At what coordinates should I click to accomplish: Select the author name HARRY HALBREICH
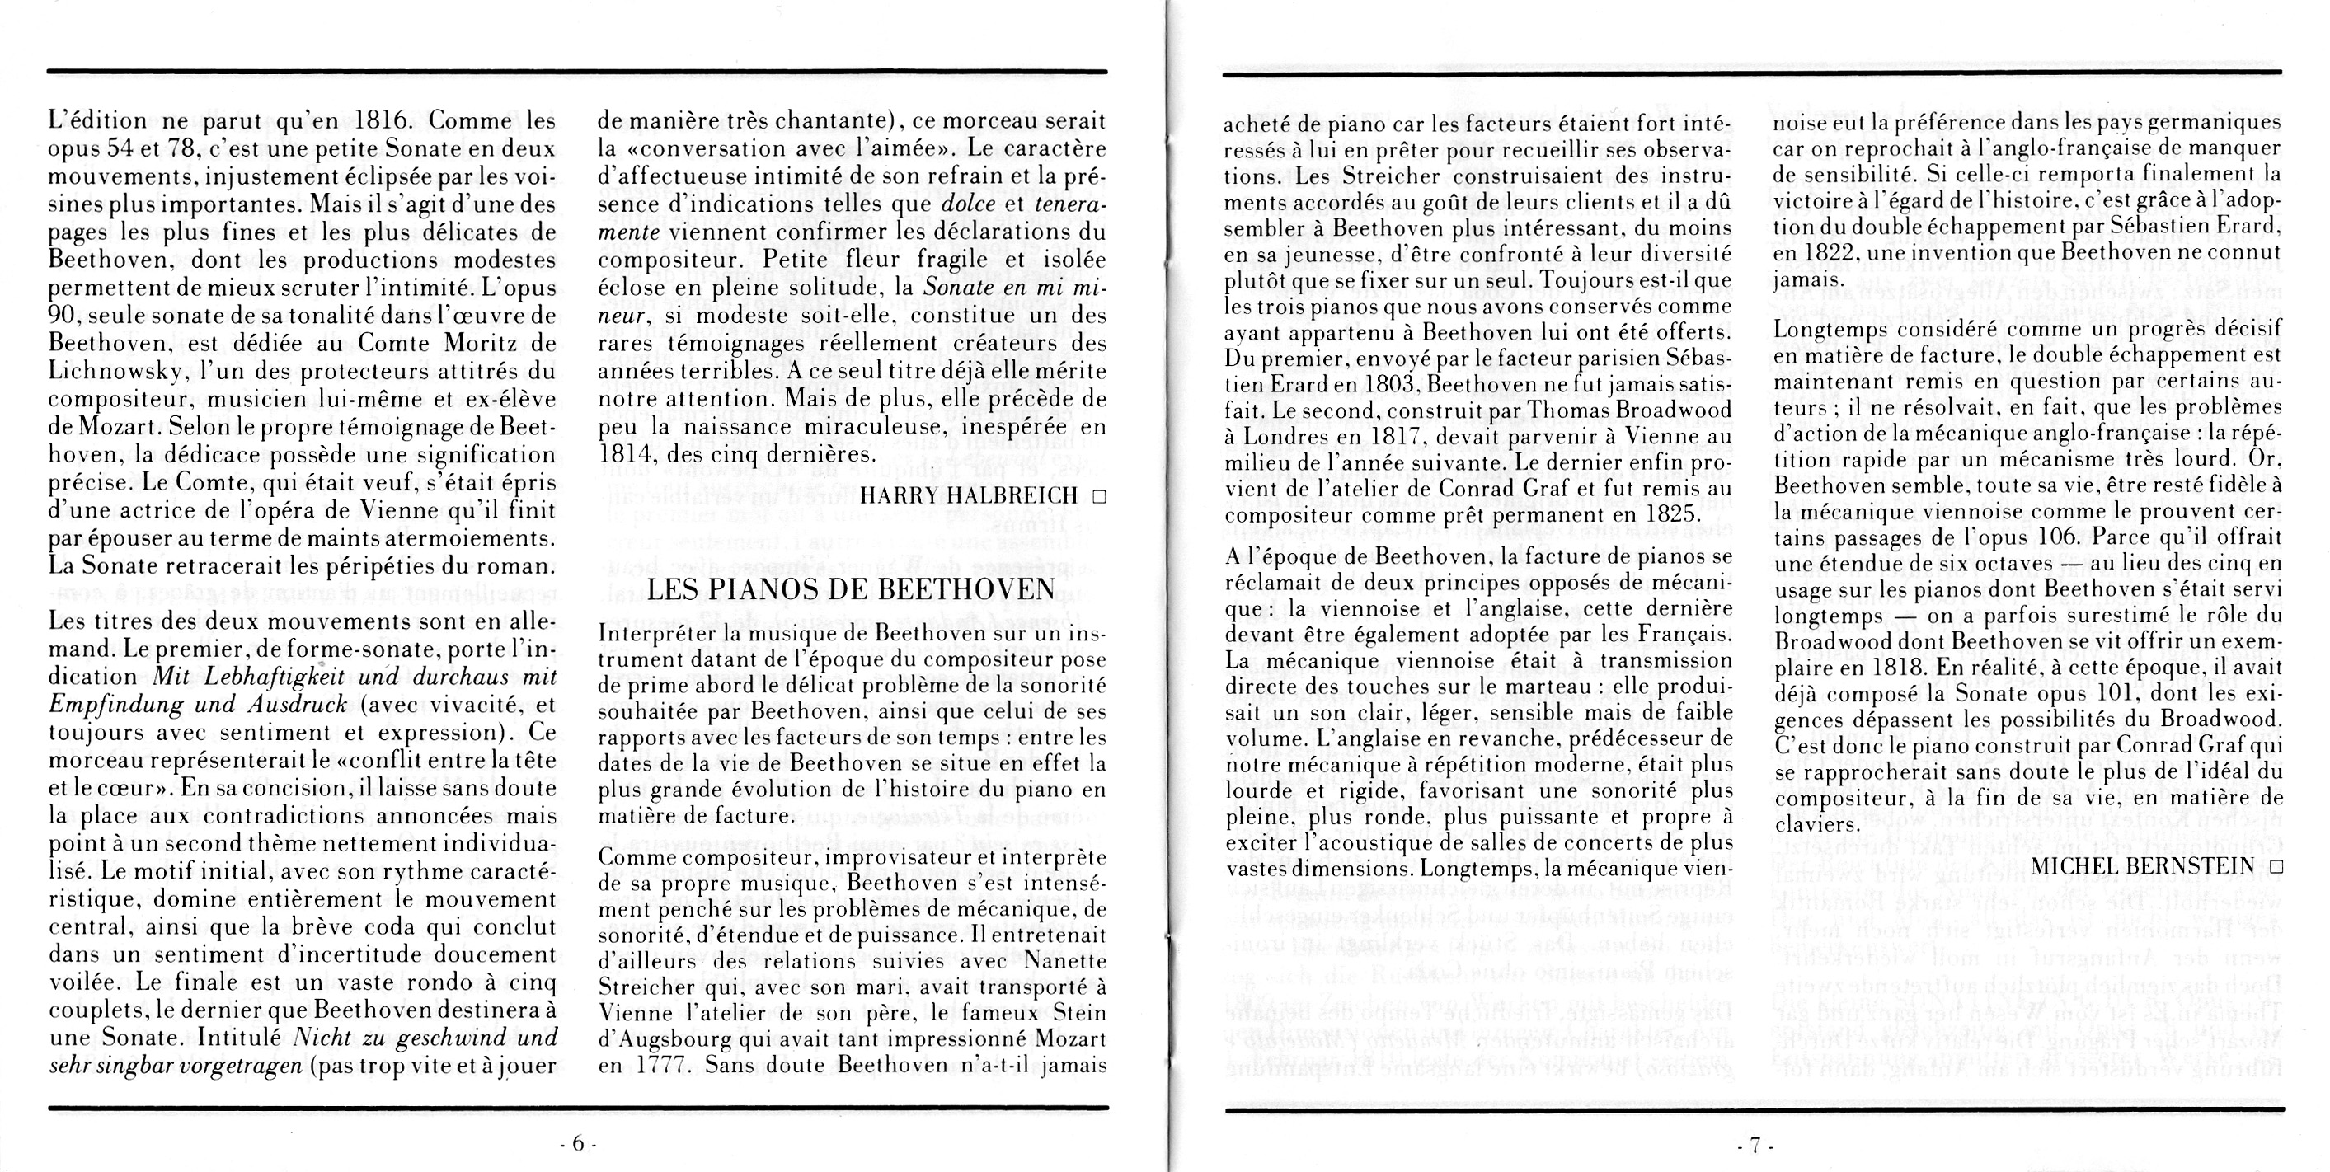969,495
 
